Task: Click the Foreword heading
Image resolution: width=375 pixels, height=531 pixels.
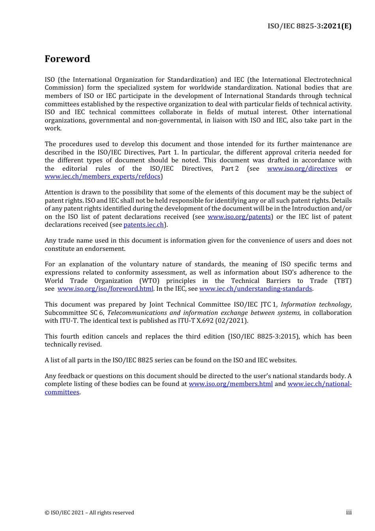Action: pos(67,59)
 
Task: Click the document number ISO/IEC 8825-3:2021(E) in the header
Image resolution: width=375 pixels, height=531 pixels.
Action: pos(309,26)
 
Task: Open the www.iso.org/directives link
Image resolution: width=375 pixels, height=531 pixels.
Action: pos(302,169)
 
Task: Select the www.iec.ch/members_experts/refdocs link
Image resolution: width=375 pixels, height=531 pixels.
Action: pos(102,177)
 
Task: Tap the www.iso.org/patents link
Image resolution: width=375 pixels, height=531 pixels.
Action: pos(239,217)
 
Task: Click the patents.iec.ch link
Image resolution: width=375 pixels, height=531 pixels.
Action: pos(144,225)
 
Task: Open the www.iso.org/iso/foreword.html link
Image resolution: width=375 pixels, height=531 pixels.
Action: pos(105,289)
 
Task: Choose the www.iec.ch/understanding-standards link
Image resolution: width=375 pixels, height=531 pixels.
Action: pos(255,289)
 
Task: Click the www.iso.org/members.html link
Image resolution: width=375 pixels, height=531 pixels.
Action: pos(231,384)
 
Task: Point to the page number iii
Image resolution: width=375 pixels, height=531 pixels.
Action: pos(349,512)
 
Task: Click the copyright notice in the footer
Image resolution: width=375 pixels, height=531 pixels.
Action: pos(89,513)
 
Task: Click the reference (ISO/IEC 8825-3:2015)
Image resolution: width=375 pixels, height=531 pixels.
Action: pos(264,337)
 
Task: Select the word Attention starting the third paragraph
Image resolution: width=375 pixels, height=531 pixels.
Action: pos(59,192)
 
